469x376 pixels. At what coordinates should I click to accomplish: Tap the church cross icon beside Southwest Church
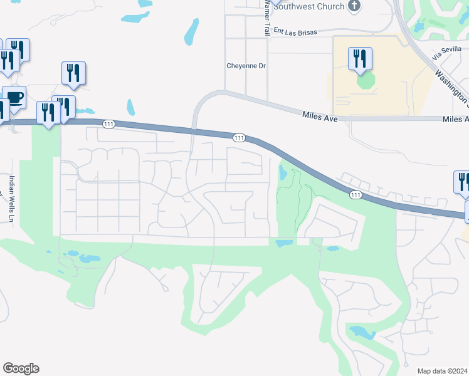coord(355,6)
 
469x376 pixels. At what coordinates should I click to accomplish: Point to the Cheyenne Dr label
coord(246,65)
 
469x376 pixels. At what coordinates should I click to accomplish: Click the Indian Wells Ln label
coord(11,198)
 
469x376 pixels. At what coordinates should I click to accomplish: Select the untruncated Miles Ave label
coord(324,116)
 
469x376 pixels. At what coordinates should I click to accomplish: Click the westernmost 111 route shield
coord(109,125)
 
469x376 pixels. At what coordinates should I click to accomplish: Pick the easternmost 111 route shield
coord(356,195)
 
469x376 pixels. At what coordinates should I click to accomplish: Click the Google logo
coord(21,368)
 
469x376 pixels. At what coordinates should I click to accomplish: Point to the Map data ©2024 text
coord(443,371)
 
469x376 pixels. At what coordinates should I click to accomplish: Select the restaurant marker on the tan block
coord(360,59)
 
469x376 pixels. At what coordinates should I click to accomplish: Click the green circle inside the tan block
coord(365,81)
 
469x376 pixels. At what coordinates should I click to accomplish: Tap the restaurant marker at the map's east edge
coord(462,182)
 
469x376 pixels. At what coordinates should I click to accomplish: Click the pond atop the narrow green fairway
coord(283,171)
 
